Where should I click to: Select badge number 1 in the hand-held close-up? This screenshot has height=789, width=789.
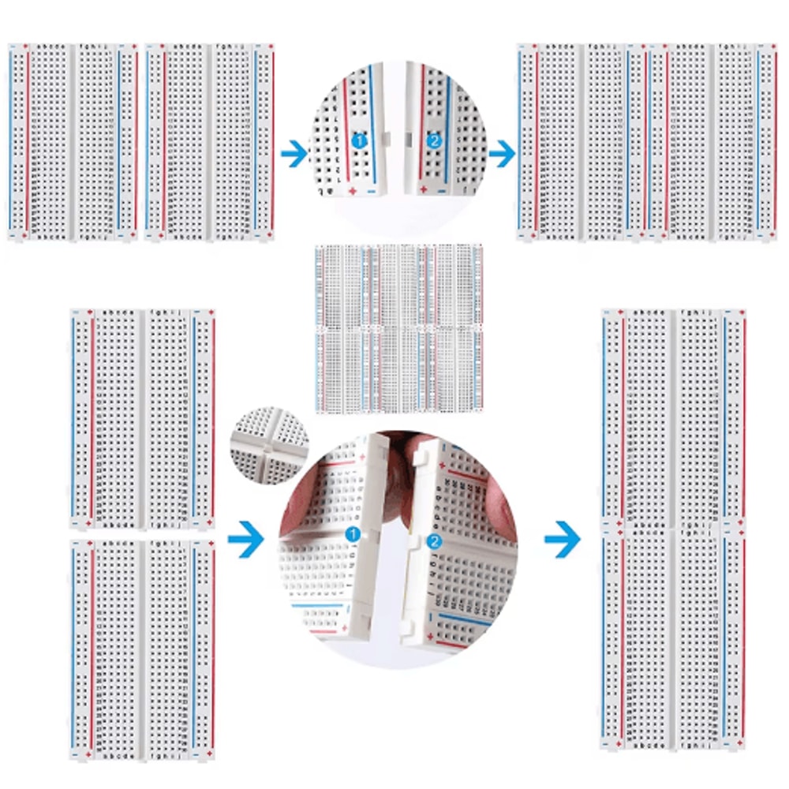click(353, 534)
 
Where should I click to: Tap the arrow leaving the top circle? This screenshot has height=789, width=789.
click(500, 154)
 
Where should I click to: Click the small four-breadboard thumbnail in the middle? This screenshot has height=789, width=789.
click(399, 328)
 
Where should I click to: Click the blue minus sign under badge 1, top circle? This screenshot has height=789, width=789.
click(372, 190)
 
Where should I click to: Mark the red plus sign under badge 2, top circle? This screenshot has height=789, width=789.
click(424, 189)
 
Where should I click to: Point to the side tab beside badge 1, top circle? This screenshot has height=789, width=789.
click(386, 139)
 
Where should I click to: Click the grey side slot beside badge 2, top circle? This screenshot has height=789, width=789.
click(408, 138)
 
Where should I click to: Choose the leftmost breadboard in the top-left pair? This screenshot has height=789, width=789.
click(73, 142)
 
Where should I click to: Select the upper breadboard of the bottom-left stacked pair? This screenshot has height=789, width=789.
click(142, 418)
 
